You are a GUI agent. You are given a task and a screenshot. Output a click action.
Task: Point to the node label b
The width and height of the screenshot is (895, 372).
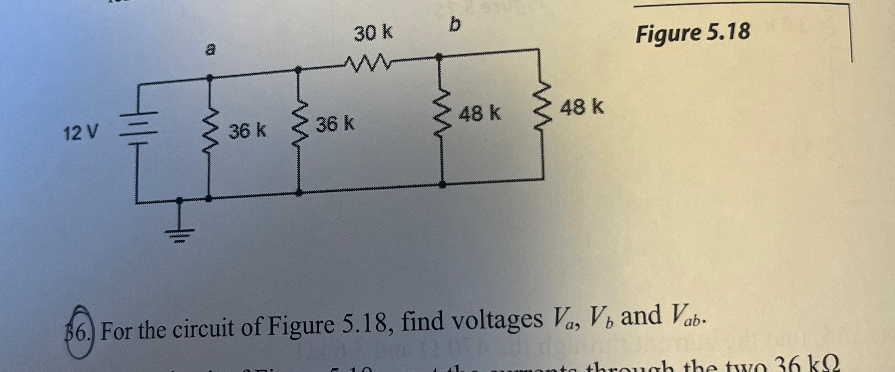click(455, 25)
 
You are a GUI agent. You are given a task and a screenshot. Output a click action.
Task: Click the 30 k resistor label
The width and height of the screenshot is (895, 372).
click(373, 34)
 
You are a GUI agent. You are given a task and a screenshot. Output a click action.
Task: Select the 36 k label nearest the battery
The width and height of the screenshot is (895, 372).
click(247, 131)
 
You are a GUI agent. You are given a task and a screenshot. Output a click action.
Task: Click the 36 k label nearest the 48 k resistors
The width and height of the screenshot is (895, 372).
click(335, 124)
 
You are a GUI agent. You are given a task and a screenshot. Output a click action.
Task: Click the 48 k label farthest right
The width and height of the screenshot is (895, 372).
click(582, 108)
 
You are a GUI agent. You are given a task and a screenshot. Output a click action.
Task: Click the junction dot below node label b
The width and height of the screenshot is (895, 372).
click(439, 57)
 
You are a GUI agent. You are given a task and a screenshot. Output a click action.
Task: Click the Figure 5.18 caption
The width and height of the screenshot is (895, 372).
click(693, 33)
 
